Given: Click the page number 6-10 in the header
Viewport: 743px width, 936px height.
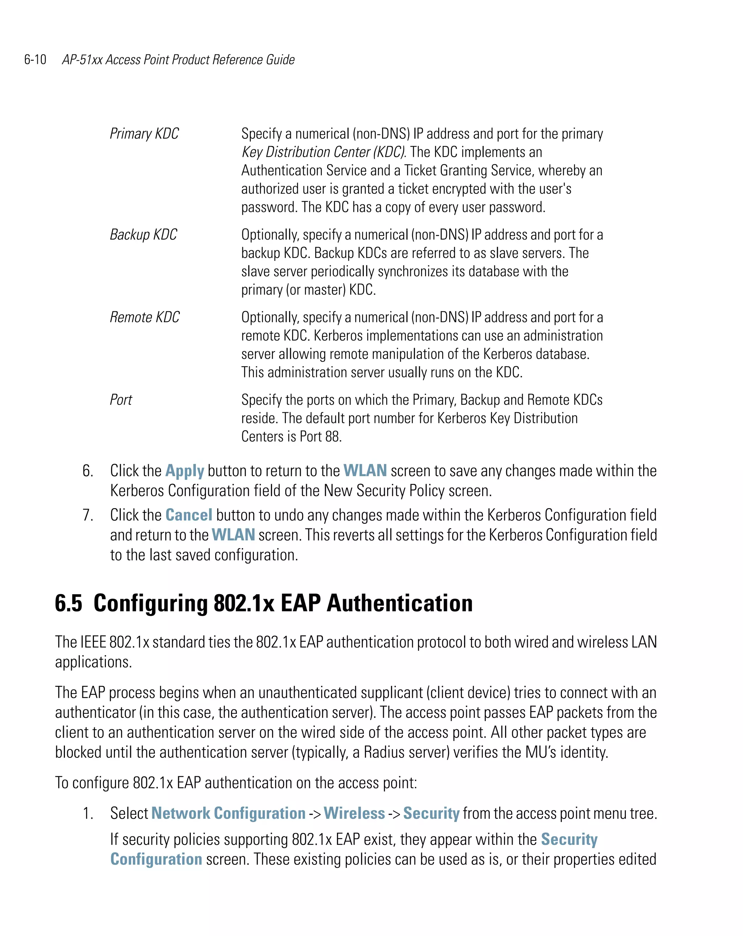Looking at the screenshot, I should click(x=35, y=60).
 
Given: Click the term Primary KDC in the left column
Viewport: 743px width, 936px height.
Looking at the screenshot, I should click(x=144, y=134).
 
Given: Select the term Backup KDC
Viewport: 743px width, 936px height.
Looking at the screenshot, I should click(x=143, y=234).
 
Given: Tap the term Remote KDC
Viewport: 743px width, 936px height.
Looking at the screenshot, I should click(x=144, y=317).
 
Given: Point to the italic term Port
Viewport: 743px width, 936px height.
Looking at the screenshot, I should click(x=121, y=400).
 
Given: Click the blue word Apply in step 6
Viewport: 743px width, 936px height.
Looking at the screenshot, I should click(x=184, y=471).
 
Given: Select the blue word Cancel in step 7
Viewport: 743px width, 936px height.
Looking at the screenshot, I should click(x=189, y=515).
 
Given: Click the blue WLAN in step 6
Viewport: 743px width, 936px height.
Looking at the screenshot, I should click(x=365, y=471).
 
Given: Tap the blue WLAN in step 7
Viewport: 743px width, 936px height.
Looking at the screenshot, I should click(x=233, y=535).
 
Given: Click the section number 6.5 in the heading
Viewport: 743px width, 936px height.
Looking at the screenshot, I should click(x=69, y=604).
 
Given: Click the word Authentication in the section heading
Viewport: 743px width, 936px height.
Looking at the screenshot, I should click(x=399, y=604).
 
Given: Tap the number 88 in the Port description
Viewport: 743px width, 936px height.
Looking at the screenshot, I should click(x=332, y=437).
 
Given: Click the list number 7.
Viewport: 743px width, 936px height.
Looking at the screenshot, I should click(x=88, y=515).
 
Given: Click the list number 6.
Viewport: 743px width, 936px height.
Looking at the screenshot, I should click(x=88, y=471).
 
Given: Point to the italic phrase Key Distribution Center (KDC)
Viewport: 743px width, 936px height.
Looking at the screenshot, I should click(x=323, y=152).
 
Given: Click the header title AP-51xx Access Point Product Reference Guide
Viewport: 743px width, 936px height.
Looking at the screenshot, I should click(x=178, y=60).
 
